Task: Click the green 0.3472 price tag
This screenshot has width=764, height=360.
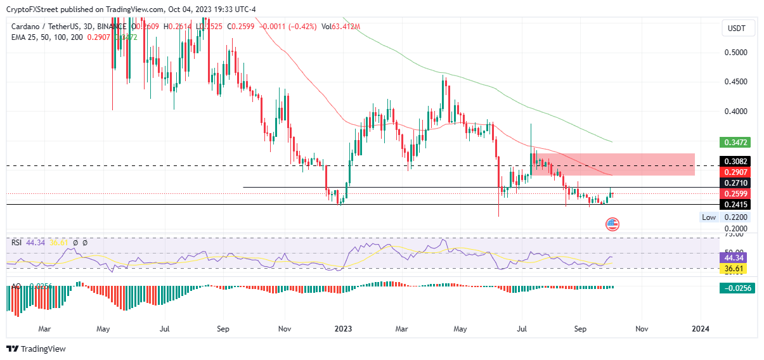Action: pyautogui.click(x=734, y=142)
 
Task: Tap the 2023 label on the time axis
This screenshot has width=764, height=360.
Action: pyautogui.click(x=343, y=329)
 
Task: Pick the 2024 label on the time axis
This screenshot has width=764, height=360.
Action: pyautogui.click(x=700, y=329)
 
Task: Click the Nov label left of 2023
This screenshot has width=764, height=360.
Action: pyautogui.click(x=284, y=329)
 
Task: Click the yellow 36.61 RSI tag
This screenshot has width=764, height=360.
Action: pyautogui.click(x=734, y=269)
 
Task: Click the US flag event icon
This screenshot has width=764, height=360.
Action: pyautogui.click(x=612, y=223)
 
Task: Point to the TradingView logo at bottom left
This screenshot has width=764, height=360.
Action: pyautogui.click(x=36, y=349)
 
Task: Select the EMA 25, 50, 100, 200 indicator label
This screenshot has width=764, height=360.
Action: pyautogui.click(x=46, y=37)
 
